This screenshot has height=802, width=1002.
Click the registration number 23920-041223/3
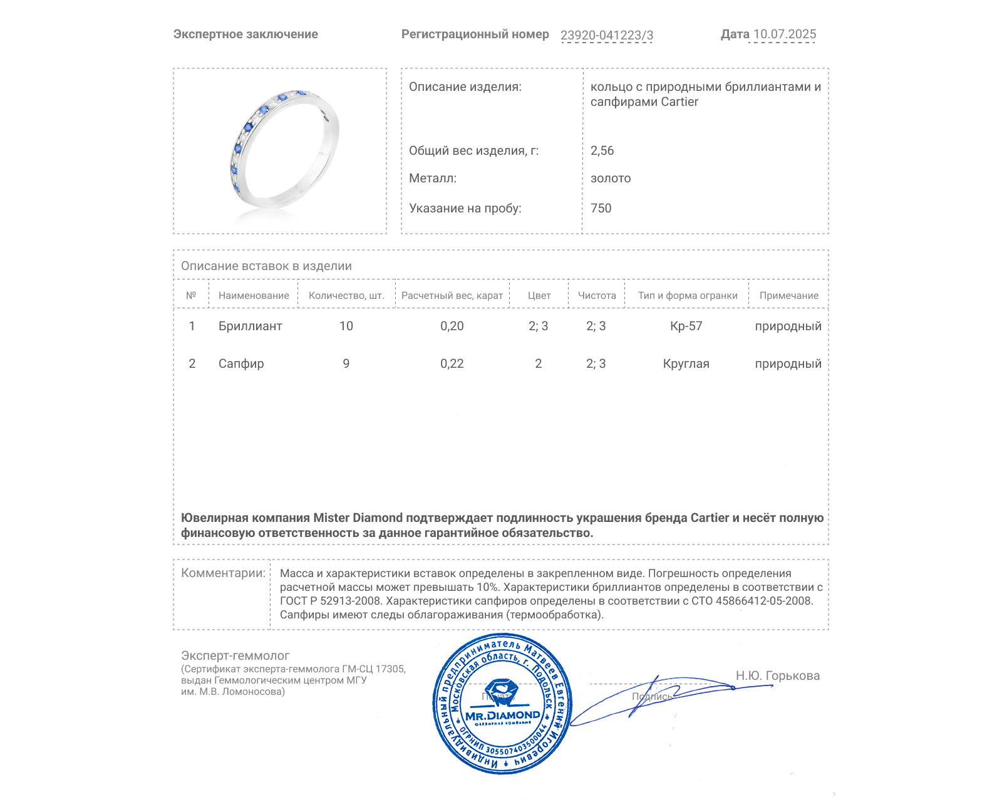[x=606, y=35]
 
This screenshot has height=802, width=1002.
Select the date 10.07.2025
[x=784, y=34]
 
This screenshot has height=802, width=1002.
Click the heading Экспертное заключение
[x=245, y=34]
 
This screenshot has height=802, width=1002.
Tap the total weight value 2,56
[x=602, y=150]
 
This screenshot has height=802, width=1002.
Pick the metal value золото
[x=610, y=178]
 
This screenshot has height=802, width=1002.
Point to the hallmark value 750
[x=601, y=208]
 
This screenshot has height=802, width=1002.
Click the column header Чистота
[x=596, y=295]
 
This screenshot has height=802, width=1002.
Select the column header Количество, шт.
[x=346, y=295]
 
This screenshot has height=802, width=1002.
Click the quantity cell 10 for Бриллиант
[x=346, y=326]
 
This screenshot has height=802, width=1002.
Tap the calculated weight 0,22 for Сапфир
[x=452, y=363]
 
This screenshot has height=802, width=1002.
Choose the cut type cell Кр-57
[x=686, y=326]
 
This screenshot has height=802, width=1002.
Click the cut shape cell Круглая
[x=686, y=363]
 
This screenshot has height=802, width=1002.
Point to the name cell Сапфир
[x=241, y=363]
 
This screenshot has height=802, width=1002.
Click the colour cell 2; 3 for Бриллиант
[x=538, y=326]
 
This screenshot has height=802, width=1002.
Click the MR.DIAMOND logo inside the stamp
[x=502, y=715]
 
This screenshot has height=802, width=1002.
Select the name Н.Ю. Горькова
[x=777, y=675]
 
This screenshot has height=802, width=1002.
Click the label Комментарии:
[x=223, y=573]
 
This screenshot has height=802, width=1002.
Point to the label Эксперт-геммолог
[x=235, y=655]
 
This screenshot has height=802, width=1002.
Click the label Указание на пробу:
[x=465, y=208]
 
